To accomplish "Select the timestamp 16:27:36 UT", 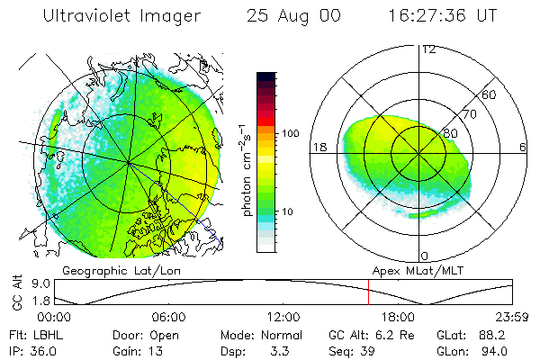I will [x=442, y=17].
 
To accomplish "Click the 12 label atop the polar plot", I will [x=429, y=49].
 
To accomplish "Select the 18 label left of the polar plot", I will [x=318, y=146].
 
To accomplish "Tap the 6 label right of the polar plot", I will [x=524, y=147].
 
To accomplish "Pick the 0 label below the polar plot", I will [x=425, y=256].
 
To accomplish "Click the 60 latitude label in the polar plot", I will [x=490, y=95].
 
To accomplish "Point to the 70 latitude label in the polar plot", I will [x=470, y=115].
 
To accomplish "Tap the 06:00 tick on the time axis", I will [x=169, y=318].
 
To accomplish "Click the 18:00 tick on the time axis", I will [x=398, y=318].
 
